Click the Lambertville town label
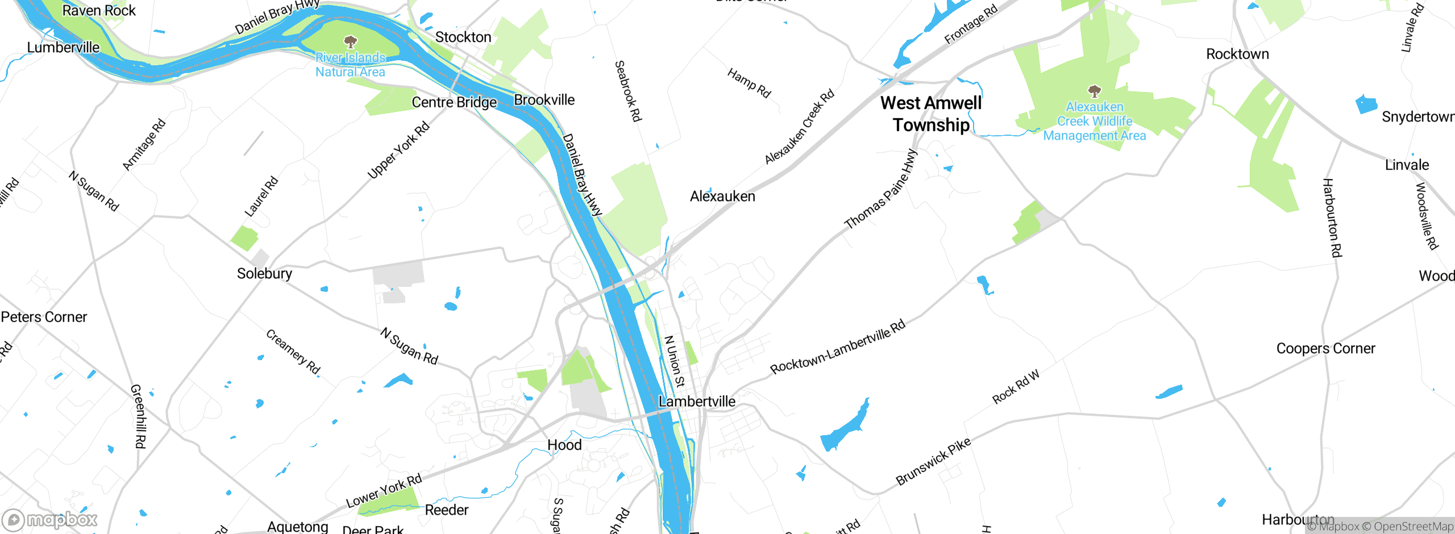(x=697, y=402)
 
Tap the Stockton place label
(x=463, y=37)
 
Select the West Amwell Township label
(x=931, y=114)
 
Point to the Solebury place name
(x=264, y=274)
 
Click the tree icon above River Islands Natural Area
(x=351, y=41)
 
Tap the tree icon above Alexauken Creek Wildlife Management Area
(x=1094, y=91)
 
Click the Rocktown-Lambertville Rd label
(x=838, y=347)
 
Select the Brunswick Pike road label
(x=933, y=462)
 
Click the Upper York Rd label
(x=398, y=151)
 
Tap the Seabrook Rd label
(x=628, y=91)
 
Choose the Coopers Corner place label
(x=1325, y=349)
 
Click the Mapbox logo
(x=50, y=519)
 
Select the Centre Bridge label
(x=454, y=103)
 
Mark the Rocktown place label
(x=1237, y=55)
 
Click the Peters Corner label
(x=44, y=317)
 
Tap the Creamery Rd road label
(x=293, y=352)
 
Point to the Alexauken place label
(x=722, y=197)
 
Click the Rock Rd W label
(x=1016, y=387)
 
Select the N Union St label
(x=675, y=361)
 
